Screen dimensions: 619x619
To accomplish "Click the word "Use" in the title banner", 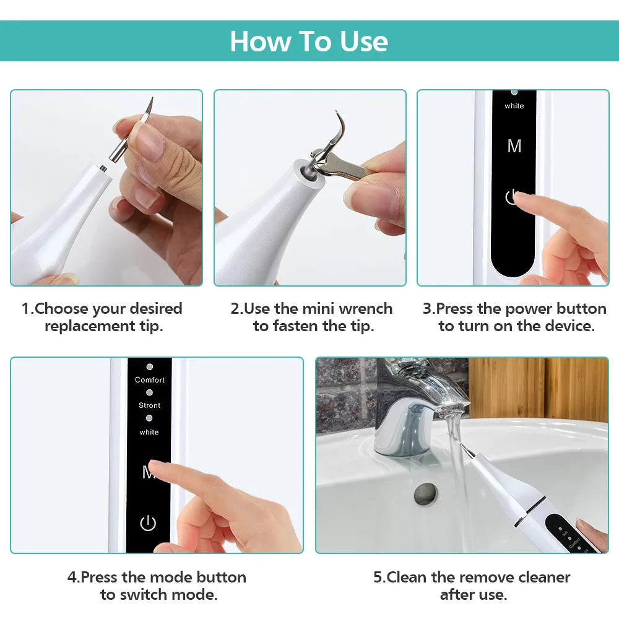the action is tap(363, 41).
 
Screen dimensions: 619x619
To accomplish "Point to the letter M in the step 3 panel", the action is tap(514, 146).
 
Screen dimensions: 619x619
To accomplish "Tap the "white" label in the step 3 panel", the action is tap(514, 106).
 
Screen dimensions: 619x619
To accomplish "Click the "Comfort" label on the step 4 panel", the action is tap(150, 380).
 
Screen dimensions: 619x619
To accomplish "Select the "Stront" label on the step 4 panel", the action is tap(149, 405).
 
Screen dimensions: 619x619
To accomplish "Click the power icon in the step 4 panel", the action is tap(148, 522).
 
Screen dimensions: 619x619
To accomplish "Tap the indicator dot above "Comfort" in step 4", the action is tap(150, 366).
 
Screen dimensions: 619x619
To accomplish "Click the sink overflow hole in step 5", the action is tap(426, 493).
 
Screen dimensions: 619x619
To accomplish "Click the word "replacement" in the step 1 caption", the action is tap(90, 326).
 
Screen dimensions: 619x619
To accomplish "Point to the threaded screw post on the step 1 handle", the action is tap(103, 167).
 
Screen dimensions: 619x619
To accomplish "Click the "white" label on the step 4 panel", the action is tap(149, 432).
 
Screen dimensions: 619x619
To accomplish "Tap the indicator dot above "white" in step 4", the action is tap(149, 418).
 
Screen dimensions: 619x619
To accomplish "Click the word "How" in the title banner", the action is tap(261, 41).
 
